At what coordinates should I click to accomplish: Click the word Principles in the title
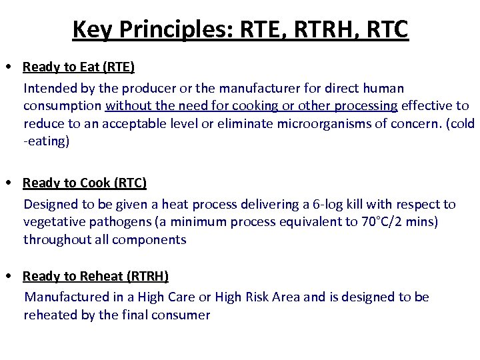(x=177, y=29)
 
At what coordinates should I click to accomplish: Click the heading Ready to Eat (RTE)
(x=79, y=67)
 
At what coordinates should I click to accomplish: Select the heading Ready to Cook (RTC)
(x=85, y=183)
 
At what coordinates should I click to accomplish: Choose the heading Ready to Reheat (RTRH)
(x=95, y=276)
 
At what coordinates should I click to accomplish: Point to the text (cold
(x=461, y=124)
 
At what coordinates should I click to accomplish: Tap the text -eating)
(x=46, y=141)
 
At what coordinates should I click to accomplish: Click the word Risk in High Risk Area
(x=248, y=297)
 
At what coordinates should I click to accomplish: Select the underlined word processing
(x=366, y=106)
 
